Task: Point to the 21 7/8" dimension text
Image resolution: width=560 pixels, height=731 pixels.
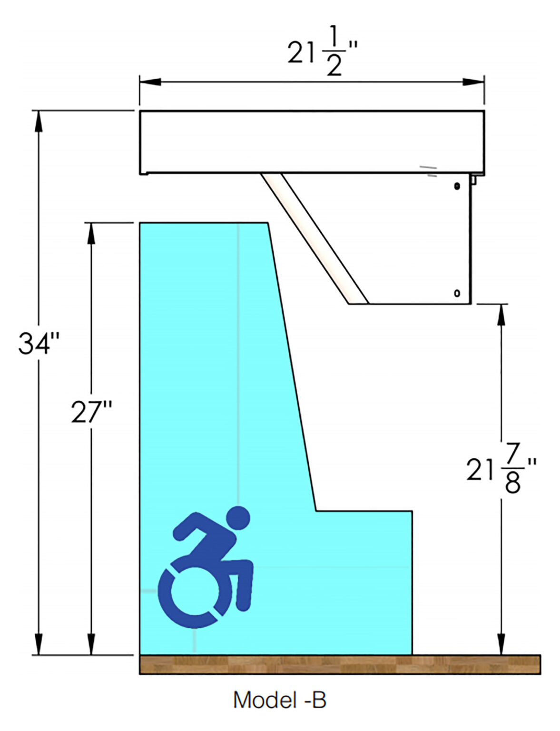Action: [501, 469]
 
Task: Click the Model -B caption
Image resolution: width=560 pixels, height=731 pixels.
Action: [279, 700]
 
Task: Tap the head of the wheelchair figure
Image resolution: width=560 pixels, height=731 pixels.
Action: [237, 518]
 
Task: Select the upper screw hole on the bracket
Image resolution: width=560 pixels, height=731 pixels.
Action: [457, 187]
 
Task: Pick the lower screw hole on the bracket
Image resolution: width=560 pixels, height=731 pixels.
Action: [457, 293]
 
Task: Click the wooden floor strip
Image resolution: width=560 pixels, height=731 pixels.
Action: [340, 664]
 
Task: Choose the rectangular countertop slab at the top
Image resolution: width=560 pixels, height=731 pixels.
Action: [312, 142]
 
